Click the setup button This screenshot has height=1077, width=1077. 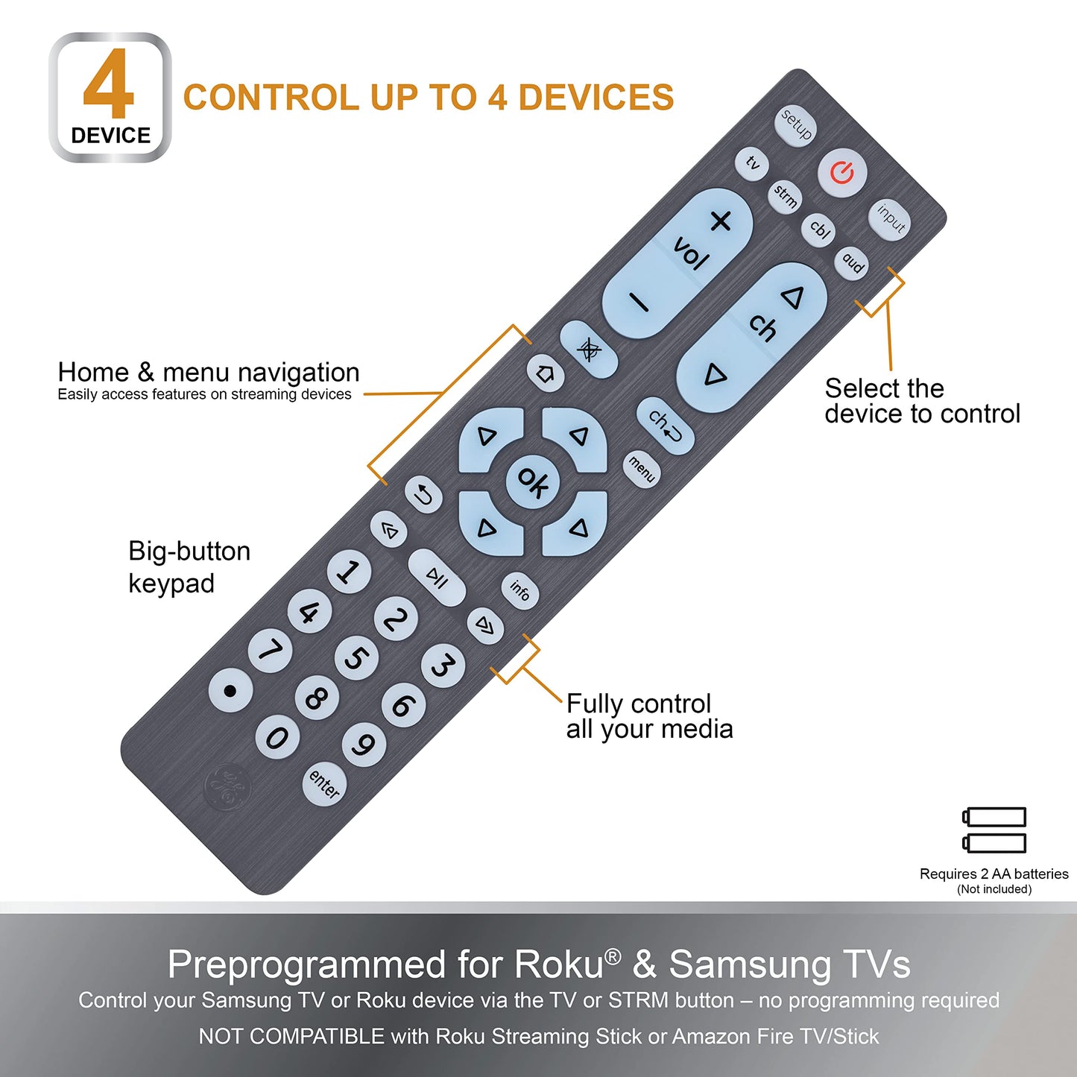pyautogui.click(x=795, y=126)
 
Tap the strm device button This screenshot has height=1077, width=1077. pyautogui.click(x=785, y=198)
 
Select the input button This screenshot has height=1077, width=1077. pyautogui.click(x=889, y=220)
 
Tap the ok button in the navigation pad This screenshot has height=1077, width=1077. pyautogui.click(x=532, y=481)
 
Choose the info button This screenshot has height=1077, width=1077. pyautogui.click(x=519, y=590)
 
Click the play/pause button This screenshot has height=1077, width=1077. pyautogui.click(x=437, y=578)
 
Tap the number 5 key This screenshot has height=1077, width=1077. pyautogui.click(x=356, y=658)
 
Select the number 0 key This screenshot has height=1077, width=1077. pyautogui.click(x=277, y=739)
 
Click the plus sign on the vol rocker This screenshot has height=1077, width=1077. pyautogui.click(x=721, y=221)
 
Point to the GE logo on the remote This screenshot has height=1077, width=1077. pyautogui.click(x=227, y=787)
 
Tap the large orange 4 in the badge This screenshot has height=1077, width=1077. pyautogui.click(x=109, y=83)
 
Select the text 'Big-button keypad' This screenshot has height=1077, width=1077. pyautogui.click(x=189, y=566)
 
